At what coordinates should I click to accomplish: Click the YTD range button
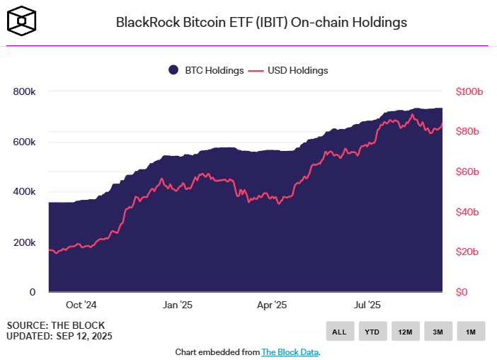[372, 331]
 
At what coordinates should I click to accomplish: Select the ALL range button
[340, 331]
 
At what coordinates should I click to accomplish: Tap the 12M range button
[406, 331]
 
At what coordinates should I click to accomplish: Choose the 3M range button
[438, 331]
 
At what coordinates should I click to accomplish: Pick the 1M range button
[471, 331]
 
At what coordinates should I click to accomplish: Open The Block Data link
[290, 352]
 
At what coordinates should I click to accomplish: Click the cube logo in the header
[21, 21]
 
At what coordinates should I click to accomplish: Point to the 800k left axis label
[24, 91]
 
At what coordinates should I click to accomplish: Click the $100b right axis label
[469, 91]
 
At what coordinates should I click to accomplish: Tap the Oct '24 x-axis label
[81, 305]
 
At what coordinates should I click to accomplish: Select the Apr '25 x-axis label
[272, 305]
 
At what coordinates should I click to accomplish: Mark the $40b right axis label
[467, 212]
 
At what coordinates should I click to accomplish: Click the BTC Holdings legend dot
[173, 70]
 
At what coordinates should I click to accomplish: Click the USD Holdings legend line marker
[256, 71]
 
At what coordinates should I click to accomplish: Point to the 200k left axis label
[24, 242]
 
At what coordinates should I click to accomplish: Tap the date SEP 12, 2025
[84, 336]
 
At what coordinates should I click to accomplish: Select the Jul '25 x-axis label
[367, 305]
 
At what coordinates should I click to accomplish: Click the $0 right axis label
[462, 292]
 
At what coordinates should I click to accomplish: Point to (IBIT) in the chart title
[272, 23]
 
